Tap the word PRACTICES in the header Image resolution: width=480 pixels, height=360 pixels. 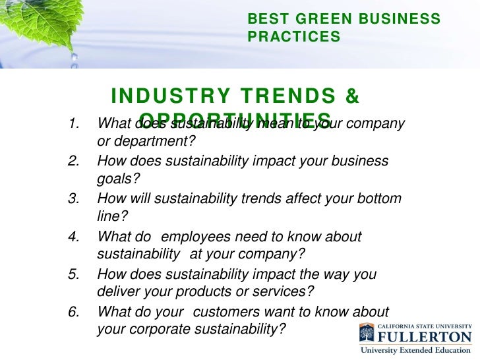point(294,38)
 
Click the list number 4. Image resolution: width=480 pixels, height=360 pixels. point(74,237)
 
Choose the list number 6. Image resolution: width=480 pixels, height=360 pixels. point(74,312)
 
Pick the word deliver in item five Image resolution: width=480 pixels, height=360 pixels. point(116,292)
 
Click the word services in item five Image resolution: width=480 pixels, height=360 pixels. point(285,292)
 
